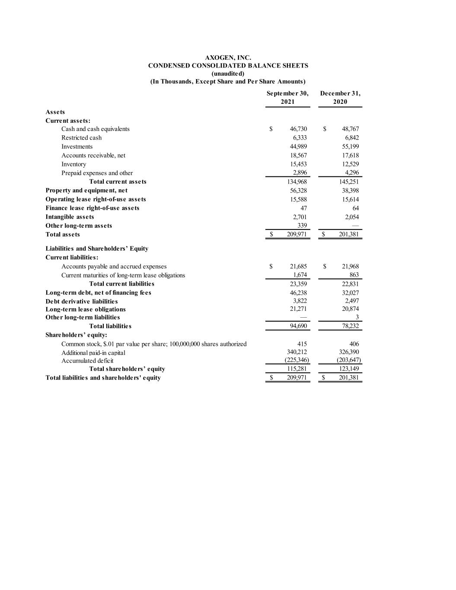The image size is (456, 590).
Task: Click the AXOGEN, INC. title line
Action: click(228, 57)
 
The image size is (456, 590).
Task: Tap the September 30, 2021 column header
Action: click(287, 98)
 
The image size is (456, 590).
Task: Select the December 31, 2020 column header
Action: click(340, 98)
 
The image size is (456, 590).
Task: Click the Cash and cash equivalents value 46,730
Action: click(298, 129)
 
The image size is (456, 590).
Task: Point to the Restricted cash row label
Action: click(81, 137)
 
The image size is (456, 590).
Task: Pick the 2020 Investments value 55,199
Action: click(350, 147)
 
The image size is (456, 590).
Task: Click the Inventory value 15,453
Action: click(298, 164)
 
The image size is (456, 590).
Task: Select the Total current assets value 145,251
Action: click(349, 182)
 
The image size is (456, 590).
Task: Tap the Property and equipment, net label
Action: click(86, 190)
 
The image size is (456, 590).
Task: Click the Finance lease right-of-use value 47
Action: click(303, 208)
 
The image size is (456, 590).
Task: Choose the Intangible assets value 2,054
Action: click(352, 217)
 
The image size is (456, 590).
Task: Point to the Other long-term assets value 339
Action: click(302, 226)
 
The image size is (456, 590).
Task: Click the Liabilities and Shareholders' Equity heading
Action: click(97, 249)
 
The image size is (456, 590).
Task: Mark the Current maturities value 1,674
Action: click(300, 275)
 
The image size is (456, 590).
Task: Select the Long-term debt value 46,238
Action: click(298, 293)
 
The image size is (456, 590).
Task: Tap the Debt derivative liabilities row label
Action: click(82, 301)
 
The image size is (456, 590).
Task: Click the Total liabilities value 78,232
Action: click(350, 326)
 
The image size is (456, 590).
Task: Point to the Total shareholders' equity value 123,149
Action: click(350, 369)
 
